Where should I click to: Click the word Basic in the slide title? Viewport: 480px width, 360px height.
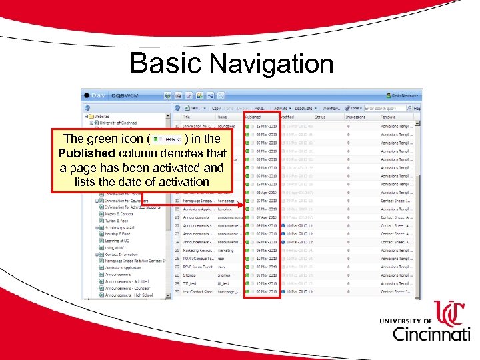click(x=166, y=63)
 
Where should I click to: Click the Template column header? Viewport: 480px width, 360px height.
click(x=389, y=117)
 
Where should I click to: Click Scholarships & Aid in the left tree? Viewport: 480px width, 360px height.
click(x=121, y=227)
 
